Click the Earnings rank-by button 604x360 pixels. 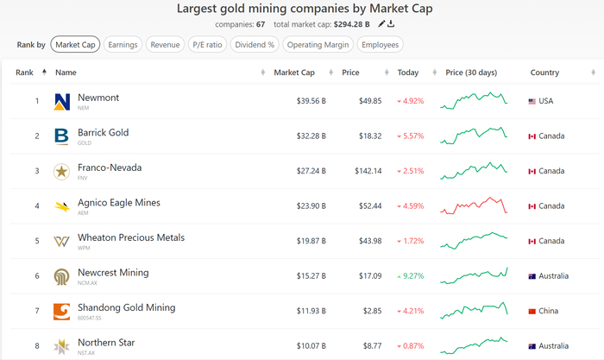click(x=123, y=44)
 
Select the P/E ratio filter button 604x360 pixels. click(x=207, y=44)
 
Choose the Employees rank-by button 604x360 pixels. click(x=381, y=44)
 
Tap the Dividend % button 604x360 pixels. click(x=255, y=44)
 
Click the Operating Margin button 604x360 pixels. click(x=318, y=44)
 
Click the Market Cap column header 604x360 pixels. click(x=294, y=73)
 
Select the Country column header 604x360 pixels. click(x=545, y=73)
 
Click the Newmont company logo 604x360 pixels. click(x=62, y=101)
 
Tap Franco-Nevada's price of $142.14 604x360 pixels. click(x=368, y=171)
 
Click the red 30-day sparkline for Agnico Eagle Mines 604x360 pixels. click(x=473, y=205)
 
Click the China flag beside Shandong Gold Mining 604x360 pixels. click(x=532, y=311)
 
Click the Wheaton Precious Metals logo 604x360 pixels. click(x=62, y=241)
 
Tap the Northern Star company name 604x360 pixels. click(x=106, y=343)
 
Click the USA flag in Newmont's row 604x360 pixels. click(x=532, y=101)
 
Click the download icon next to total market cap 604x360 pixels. click(x=392, y=24)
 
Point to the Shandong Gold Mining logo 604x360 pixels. click(x=62, y=311)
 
